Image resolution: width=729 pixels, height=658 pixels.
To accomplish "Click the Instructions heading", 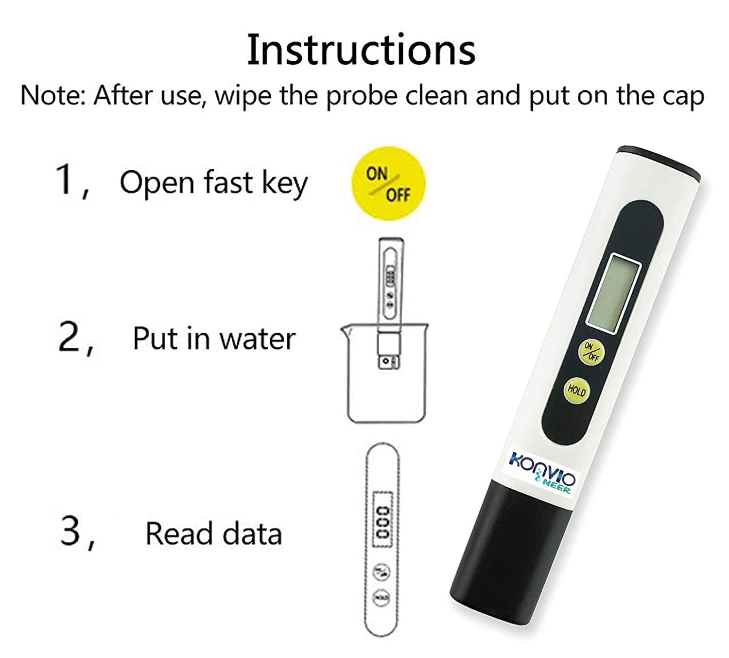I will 361,50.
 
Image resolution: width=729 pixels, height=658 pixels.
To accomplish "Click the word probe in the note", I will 361,96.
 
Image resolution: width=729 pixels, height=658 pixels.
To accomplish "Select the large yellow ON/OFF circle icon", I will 388,184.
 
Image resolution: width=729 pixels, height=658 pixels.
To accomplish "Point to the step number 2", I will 69,338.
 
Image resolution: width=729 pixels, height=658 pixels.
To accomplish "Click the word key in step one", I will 285,183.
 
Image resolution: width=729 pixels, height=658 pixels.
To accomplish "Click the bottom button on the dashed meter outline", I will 382,597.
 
